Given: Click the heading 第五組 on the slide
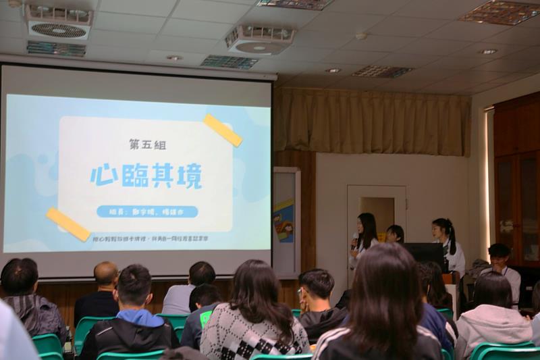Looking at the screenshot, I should (147, 145).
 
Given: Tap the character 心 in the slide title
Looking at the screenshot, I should (104, 175).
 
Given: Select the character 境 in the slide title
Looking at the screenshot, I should (190, 175).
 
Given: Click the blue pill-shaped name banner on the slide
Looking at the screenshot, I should (147, 211).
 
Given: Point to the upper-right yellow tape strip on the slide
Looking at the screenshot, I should (223, 130).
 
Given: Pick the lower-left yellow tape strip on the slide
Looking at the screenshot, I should (68, 224).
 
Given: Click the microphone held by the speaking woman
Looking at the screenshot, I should (354, 241).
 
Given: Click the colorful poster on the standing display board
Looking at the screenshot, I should (283, 220).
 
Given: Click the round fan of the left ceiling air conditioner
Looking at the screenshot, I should (59, 30).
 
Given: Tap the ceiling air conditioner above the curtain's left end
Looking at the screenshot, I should (259, 39).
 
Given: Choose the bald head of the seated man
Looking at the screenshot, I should (105, 273).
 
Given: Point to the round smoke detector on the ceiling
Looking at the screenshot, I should (361, 36).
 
